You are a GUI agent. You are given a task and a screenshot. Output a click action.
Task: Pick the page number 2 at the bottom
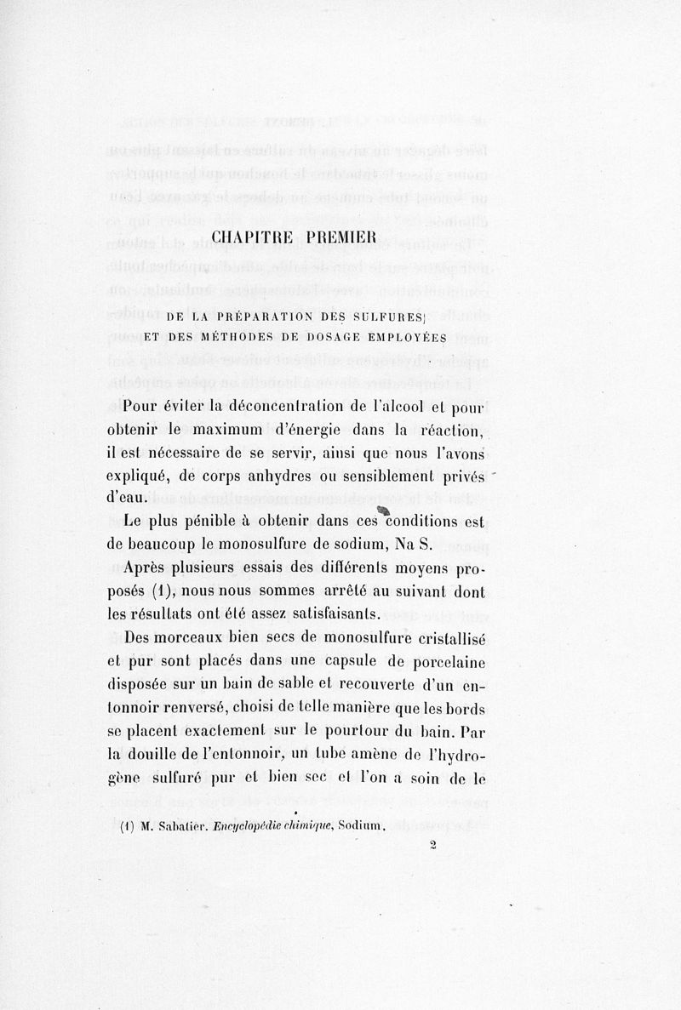click(x=433, y=845)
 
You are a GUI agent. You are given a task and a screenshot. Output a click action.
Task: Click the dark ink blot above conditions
click(x=371, y=508)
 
